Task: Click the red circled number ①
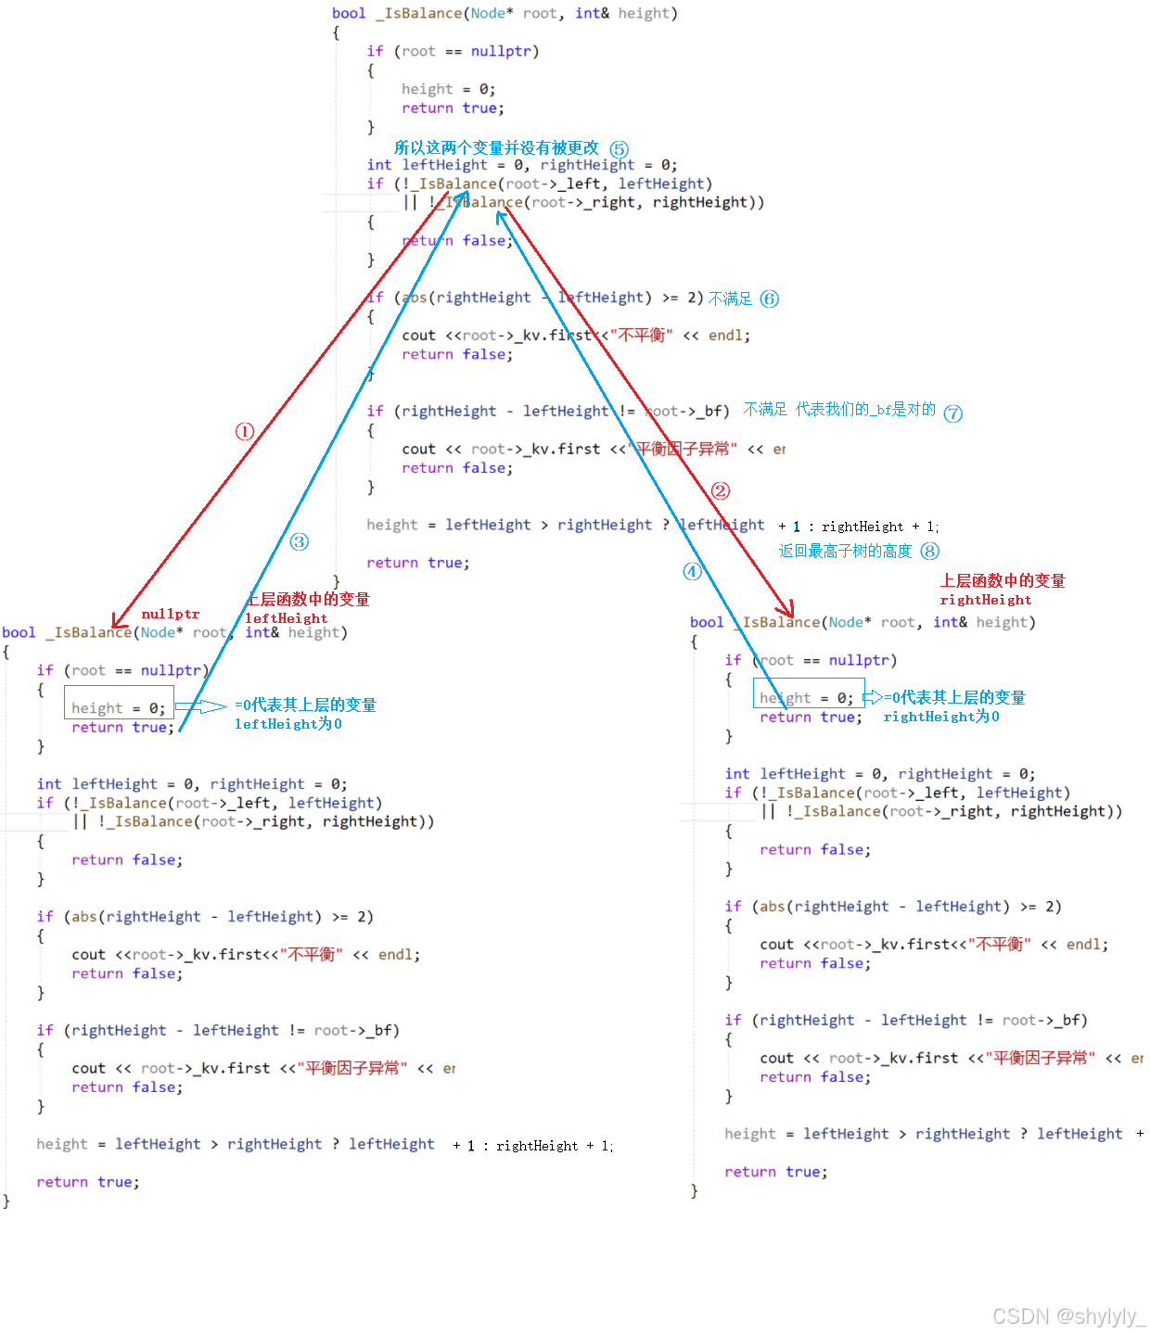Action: [x=245, y=431]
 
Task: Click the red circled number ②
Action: [x=721, y=491]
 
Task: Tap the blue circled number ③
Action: [x=299, y=541]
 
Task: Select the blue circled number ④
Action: [x=692, y=571]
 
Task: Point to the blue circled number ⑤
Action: [x=620, y=149]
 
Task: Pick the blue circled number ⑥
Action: [x=770, y=299]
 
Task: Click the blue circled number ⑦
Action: [x=953, y=413]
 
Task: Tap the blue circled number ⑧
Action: [x=930, y=551]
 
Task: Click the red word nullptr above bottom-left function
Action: [x=171, y=614]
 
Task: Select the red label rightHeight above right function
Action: [x=986, y=600]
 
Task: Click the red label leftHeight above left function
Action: [x=287, y=618]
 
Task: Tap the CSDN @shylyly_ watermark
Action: [x=1068, y=1316]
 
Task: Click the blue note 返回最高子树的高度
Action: [x=845, y=551]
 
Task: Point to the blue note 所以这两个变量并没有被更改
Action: [x=496, y=148]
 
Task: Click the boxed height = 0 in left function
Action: [x=119, y=708]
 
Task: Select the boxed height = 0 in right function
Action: [x=808, y=698]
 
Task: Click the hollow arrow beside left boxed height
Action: [x=201, y=706]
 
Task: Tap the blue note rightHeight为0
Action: [x=941, y=717]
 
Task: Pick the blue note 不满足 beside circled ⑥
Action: [x=730, y=299]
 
